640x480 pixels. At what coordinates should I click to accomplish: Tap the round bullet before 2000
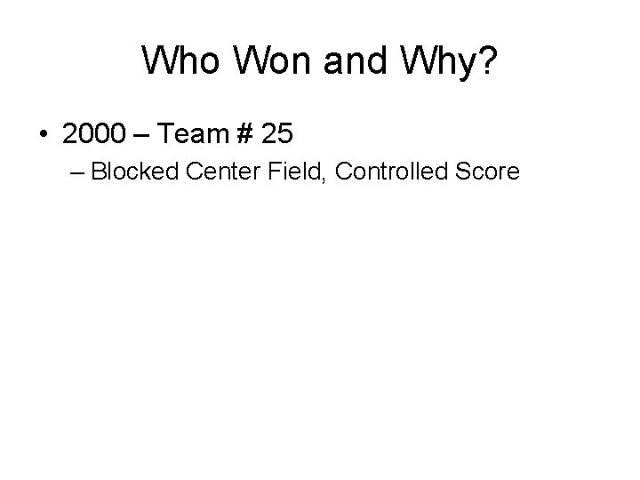point(44,134)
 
